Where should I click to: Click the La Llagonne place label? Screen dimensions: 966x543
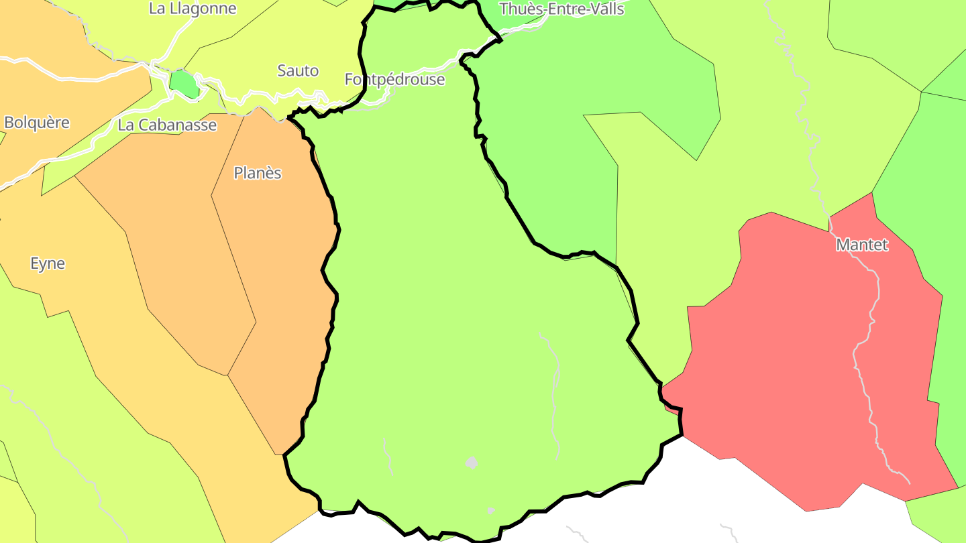193,9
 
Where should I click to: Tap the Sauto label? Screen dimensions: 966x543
298,70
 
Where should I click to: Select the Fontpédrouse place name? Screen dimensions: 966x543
394,79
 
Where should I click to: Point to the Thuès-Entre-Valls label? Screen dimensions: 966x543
561,9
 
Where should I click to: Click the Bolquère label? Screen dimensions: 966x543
37,123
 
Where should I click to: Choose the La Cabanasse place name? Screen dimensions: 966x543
167,125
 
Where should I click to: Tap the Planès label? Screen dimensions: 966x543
257,173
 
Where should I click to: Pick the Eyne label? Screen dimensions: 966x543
48,263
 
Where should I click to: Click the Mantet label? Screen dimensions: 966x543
861,245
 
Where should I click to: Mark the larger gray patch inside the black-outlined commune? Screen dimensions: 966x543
472,463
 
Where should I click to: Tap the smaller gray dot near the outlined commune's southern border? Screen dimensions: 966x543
490,511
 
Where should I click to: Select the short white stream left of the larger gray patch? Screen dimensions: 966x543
387,456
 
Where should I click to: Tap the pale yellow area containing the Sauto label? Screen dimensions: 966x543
282,40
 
